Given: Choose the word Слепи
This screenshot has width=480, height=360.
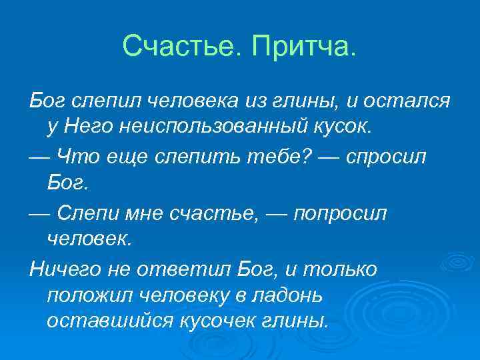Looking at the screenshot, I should (88, 213).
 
